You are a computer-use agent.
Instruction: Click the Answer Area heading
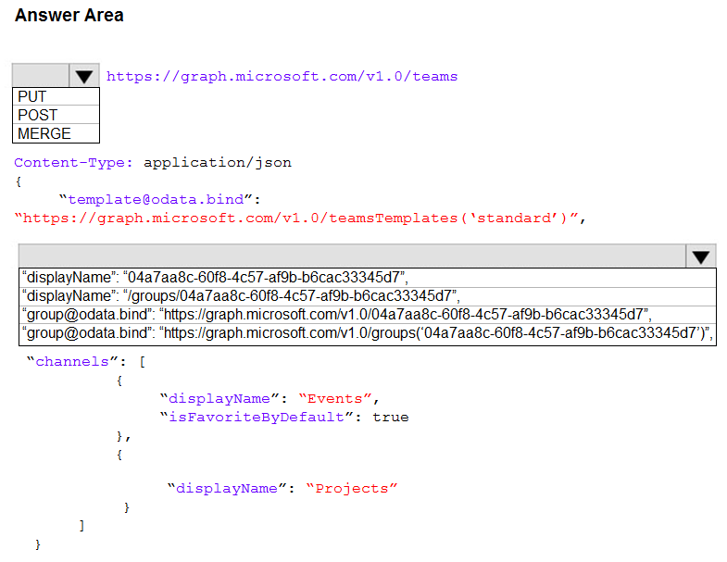tap(69, 16)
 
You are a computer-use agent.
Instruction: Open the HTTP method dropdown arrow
tap(84, 76)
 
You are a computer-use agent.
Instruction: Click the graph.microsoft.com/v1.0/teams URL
tap(282, 77)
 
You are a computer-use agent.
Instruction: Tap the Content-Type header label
tap(73, 163)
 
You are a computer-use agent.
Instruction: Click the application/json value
tap(218, 163)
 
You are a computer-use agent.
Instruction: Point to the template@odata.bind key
tap(156, 200)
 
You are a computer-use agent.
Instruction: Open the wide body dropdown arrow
tap(700, 256)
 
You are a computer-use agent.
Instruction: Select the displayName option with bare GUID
tap(215, 277)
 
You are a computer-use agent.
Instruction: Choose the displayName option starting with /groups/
tap(241, 296)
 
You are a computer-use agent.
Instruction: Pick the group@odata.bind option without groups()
tap(337, 315)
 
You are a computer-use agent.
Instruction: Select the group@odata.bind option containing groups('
tap(368, 333)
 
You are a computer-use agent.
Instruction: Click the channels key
tap(72, 362)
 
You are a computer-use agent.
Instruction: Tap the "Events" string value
tap(334, 399)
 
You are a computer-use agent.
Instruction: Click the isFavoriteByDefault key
tap(257, 418)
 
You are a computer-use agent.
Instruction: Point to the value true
tap(391, 418)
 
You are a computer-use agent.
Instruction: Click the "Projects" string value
tap(351, 489)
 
